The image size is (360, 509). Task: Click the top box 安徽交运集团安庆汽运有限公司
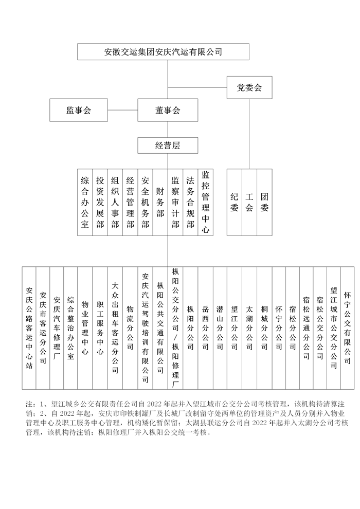tap(163, 52)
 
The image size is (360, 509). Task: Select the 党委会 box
tap(249, 87)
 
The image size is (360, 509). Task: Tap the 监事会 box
tap(78, 110)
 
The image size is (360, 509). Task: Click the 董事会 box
tap(168, 110)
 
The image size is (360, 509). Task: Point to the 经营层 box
tap(168, 146)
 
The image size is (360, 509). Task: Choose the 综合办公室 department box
tap(85, 202)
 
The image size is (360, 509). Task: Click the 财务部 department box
tap(160, 202)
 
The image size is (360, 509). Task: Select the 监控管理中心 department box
tap(205, 202)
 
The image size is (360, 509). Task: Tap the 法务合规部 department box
tap(190, 202)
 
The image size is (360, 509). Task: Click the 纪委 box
tap(235, 202)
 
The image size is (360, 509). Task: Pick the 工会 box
tap(249, 202)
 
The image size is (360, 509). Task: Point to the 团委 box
tap(264, 202)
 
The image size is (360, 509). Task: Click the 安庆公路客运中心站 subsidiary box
tap(29, 328)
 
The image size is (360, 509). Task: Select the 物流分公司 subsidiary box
tap(130, 328)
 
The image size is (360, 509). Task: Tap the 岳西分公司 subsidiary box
tap(205, 328)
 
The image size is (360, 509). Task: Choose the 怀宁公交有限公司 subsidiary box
tap(347, 328)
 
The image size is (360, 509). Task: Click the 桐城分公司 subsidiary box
tap(264, 328)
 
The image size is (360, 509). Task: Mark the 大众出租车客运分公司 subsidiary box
tap(115, 328)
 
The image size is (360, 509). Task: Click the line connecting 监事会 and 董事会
tap(122, 110)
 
